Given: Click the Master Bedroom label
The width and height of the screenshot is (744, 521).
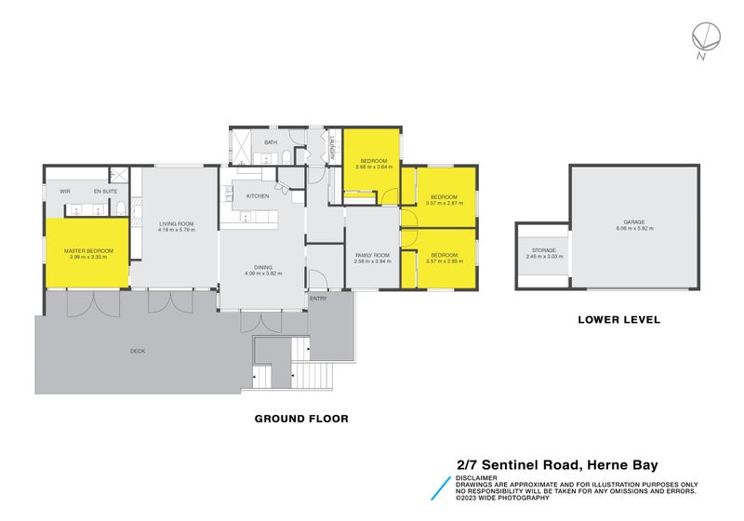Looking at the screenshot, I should tap(88, 250).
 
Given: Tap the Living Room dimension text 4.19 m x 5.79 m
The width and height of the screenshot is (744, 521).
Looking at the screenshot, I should tap(175, 230).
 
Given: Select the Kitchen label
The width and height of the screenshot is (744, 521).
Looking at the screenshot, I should tap(258, 196).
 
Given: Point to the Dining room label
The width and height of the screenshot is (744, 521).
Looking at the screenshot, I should tap(262, 266).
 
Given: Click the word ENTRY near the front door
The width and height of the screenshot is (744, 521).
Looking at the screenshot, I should tap(318, 299).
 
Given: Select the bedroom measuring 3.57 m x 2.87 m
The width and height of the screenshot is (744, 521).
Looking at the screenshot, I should tap(443, 198).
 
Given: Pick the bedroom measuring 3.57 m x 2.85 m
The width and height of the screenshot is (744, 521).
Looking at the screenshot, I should tap(443, 257).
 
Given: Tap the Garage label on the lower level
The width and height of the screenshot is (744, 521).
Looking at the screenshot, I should tap(634, 222).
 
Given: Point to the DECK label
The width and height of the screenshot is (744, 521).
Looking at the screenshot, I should tap(138, 351).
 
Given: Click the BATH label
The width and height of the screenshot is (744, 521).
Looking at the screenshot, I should tap(271, 142).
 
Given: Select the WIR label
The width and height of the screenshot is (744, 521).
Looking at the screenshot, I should tap(65, 192).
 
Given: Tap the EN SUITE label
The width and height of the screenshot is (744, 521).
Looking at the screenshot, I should tap(103, 192).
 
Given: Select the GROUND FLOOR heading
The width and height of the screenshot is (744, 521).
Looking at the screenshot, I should tap(301, 419).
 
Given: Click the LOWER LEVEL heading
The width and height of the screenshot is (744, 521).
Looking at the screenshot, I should tap(618, 319).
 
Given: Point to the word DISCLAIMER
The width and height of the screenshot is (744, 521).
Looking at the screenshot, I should tap(475, 477).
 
